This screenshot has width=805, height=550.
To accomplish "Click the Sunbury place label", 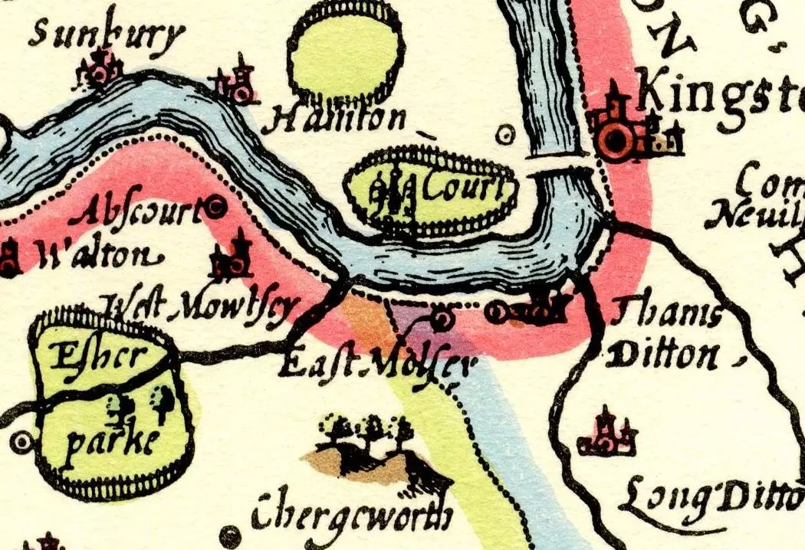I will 107,35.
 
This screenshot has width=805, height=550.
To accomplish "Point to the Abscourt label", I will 143,210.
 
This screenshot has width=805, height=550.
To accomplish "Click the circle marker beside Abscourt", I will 215,205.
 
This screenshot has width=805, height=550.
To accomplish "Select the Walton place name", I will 92,257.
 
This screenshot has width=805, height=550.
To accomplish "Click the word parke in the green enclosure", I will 107,444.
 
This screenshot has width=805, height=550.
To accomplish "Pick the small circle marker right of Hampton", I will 504,136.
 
